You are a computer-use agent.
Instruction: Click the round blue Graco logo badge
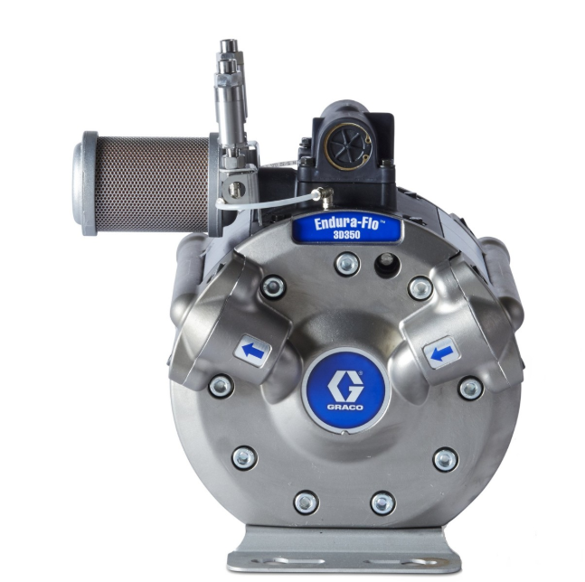(346, 390)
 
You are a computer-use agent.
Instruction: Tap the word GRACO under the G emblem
(345, 408)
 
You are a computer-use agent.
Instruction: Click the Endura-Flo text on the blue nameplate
(346, 224)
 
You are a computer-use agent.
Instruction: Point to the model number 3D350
(347, 235)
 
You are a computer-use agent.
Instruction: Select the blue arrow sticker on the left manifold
(252, 351)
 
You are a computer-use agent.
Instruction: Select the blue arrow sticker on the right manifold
(442, 352)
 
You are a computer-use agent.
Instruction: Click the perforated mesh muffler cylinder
(152, 184)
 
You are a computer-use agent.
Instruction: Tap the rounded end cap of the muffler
(85, 183)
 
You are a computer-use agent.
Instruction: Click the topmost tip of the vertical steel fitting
(229, 40)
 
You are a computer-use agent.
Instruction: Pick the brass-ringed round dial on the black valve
(347, 146)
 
